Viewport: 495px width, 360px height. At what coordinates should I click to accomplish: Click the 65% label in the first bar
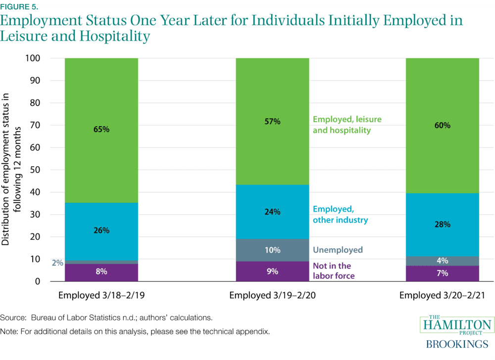101,130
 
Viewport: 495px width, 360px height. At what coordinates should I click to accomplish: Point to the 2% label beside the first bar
57,263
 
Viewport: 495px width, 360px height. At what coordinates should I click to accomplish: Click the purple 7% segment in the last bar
442,273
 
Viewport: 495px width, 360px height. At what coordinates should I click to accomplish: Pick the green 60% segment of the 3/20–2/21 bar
442,126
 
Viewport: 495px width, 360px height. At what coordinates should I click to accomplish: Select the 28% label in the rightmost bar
442,224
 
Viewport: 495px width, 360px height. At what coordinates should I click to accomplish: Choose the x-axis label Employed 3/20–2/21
442,296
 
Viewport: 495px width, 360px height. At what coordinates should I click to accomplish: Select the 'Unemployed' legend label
338,250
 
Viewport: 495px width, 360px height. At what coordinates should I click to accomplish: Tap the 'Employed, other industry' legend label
340,215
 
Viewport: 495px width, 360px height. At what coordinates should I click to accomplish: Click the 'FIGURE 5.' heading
18,7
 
